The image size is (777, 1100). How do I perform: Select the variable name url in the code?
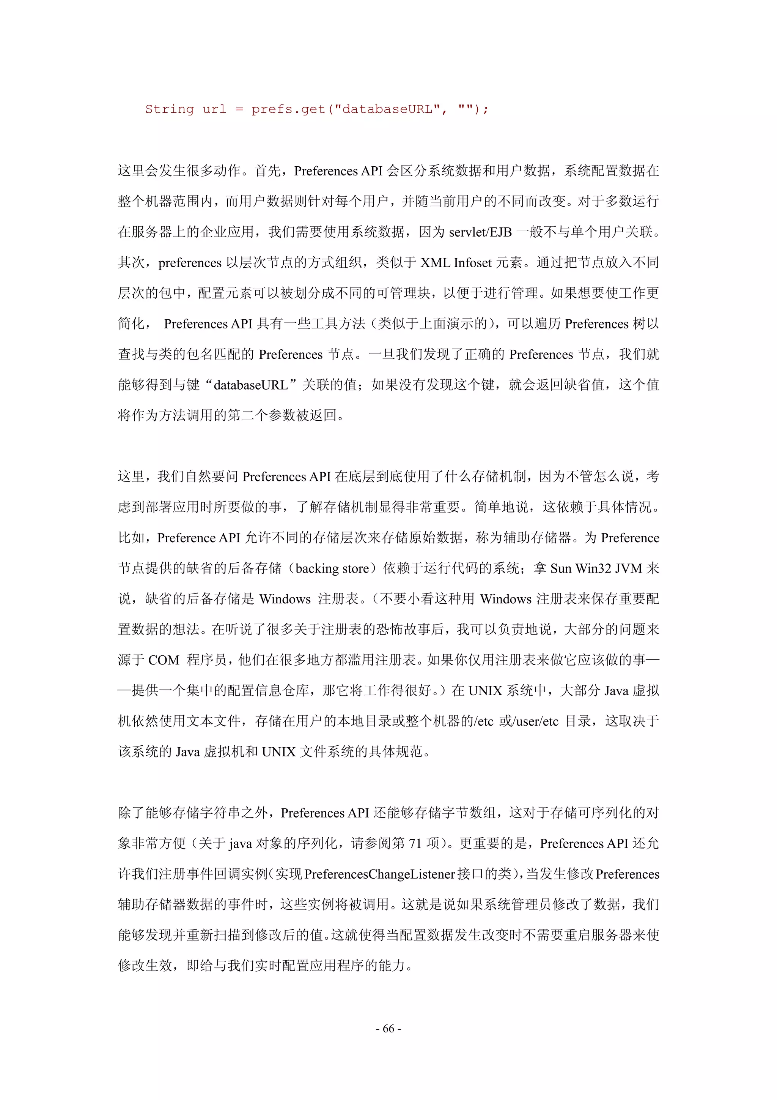214,109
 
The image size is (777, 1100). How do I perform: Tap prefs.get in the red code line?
288,109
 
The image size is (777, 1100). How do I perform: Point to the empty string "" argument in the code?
466,109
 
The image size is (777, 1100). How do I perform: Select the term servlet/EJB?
481,232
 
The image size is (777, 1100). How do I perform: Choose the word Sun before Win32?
561,569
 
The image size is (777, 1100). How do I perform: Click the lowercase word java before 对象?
240,844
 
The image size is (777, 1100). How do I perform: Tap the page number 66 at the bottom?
388,1029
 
